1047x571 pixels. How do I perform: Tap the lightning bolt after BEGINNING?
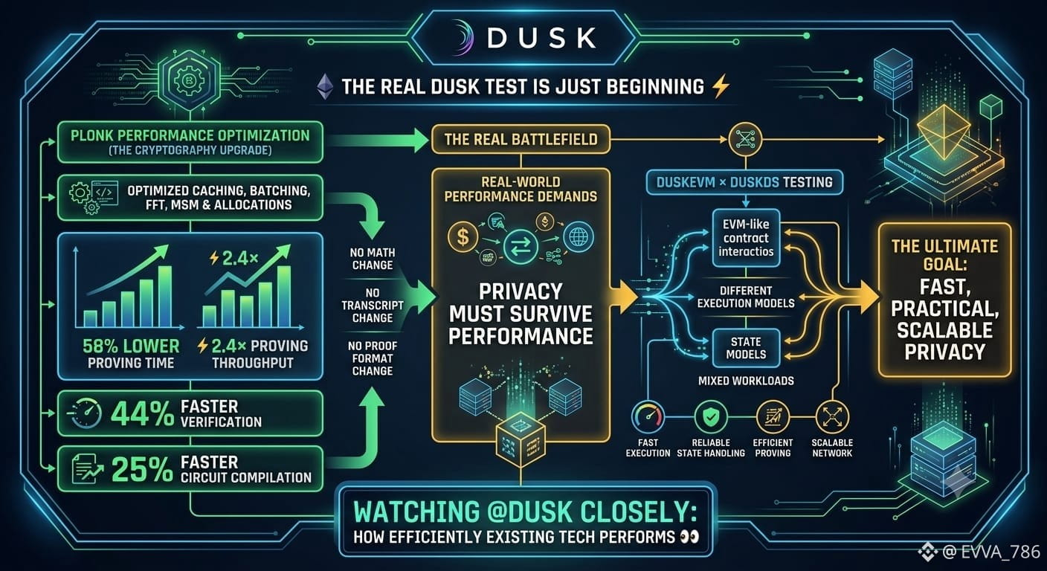(720, 86)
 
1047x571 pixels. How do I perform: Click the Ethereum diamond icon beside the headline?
(325, 87)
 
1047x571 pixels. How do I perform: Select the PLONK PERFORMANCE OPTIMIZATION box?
(190, 142)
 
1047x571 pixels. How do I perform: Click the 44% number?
(142, 414)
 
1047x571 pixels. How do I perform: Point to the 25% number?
(142, 470)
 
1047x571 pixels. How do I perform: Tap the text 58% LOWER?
(131, 346)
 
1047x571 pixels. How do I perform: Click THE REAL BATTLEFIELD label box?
(521, 139)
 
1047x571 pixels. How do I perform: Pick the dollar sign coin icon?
(463, 237)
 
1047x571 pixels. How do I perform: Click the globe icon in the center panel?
(579, 237)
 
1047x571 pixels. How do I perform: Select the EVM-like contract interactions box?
(746, 238)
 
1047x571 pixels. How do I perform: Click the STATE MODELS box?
(746, 348)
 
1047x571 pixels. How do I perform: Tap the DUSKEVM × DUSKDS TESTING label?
(744, 182)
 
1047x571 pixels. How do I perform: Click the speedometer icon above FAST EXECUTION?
(648, 417)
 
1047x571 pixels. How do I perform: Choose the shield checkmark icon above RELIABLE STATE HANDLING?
(711, 417)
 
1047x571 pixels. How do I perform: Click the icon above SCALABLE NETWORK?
(832, 417)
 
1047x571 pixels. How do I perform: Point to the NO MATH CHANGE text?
(373, 259)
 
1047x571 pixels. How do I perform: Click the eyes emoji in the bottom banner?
(689, 537)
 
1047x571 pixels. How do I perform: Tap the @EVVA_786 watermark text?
(991, 552)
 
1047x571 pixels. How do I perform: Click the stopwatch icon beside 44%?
(86, 414)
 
